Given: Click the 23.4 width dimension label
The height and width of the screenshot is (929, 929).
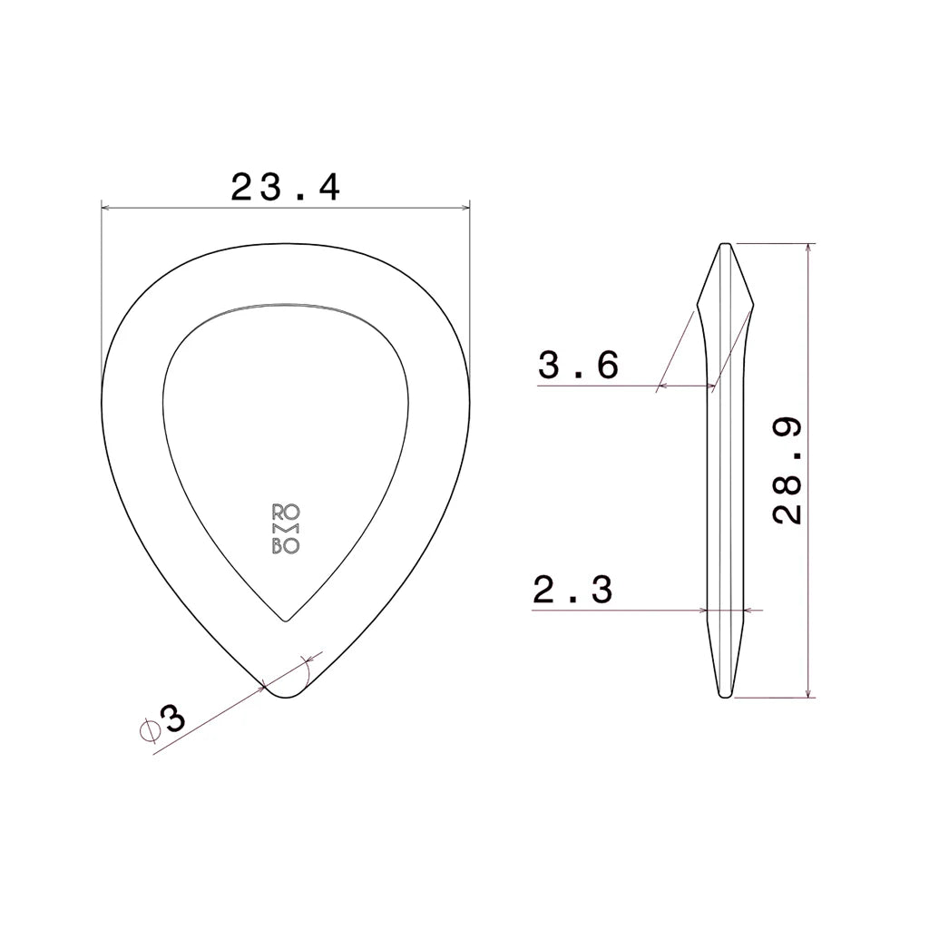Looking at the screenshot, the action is click(286, 187).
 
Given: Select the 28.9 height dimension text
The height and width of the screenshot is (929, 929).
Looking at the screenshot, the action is click(787, 471).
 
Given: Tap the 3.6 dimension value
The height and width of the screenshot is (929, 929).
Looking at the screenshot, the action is click(578, 365).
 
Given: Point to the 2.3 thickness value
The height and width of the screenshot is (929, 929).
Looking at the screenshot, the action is click(573, 590).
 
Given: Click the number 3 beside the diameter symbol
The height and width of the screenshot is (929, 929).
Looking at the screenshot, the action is click(172, 719).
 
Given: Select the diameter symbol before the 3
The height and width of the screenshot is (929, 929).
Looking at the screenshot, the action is click(150, 730).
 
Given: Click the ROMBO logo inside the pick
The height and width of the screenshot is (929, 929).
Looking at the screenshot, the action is click(286, 529).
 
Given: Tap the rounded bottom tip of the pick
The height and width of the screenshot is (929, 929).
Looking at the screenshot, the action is click(286, 698).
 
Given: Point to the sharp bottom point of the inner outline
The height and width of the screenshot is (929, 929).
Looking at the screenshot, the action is click(286, 621).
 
